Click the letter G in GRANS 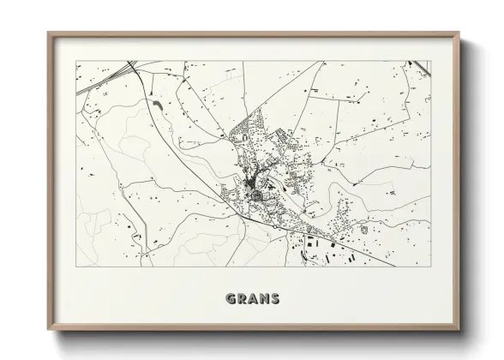[x=230, y=300]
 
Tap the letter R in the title [x=241, y=300]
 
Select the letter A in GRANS [x=252, y=300]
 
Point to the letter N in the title [x=263, y=300]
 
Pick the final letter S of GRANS [x=274, y=300]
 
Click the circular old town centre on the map [x=255, y=196]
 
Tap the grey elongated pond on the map [x=159, y=105]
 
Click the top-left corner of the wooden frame [x=49, y=33]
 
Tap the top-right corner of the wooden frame [x=457, y=33]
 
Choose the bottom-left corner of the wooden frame [x=49, y=328]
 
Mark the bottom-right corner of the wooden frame [x=457, y=328]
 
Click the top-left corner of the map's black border [x=76, y=60]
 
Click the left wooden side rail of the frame [x=51, y=180]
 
